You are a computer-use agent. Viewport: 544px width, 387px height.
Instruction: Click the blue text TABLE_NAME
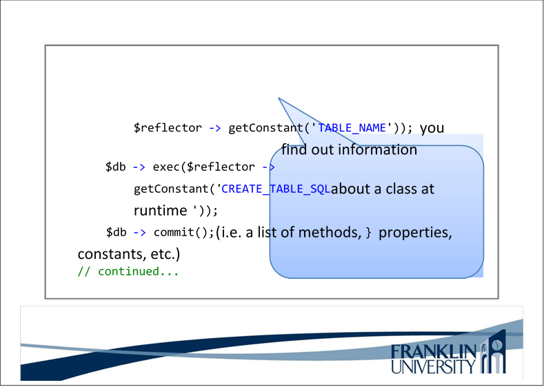[352, 128]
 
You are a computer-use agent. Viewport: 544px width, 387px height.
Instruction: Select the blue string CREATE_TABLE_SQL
[276, 189]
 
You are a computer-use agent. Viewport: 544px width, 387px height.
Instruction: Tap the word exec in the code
[166, 167]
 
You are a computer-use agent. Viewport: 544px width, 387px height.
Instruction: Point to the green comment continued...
[139, 271]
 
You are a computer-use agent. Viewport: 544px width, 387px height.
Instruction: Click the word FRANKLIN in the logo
[434, 353]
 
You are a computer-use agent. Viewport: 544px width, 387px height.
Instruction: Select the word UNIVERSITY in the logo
[434, 366]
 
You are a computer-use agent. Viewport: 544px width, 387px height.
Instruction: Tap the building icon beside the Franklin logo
[493, 351]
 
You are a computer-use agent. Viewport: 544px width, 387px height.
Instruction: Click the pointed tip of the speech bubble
[279, 98]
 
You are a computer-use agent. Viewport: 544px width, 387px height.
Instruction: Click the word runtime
[160, 211]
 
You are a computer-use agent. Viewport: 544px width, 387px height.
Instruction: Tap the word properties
[415, 233]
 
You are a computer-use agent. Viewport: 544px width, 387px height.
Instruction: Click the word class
[401, 189]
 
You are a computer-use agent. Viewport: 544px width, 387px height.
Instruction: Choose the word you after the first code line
[432, 129]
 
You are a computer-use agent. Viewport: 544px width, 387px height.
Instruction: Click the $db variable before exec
[116, 167]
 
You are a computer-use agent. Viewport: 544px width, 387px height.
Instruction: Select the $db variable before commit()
[117, 233]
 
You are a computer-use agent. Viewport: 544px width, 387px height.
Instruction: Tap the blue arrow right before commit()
[139, 233]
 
